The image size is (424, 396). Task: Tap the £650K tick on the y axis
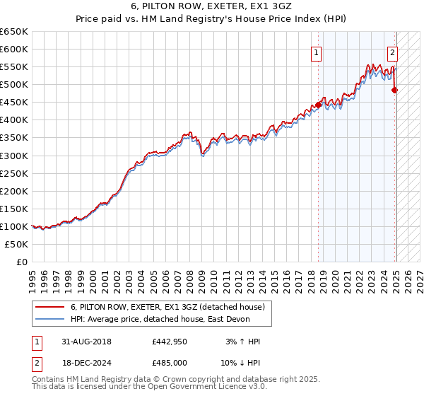(x=15, y=32)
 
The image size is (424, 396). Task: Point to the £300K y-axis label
(x=15, y=156)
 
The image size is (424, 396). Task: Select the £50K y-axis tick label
(x=17, y=244)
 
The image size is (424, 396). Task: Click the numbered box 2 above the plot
(x=392, y=52)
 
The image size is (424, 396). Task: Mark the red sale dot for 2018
(x=318, y=105)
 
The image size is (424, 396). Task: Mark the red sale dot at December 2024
(x=395, y=90)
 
